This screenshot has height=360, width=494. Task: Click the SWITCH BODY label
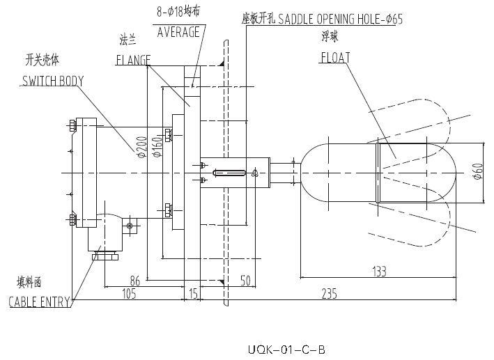tap(52, 81)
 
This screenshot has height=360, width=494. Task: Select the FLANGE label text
tap(133, 60)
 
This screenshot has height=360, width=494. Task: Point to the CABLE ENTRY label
tap(40, 302)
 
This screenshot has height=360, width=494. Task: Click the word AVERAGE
tap(178, 32)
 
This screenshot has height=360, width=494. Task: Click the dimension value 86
tap(137, 281)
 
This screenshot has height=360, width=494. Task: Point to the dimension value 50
tap(245, 281)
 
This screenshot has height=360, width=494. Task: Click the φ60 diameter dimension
tap(477, 172)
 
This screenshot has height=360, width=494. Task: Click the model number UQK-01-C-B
tap(286, 349)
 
